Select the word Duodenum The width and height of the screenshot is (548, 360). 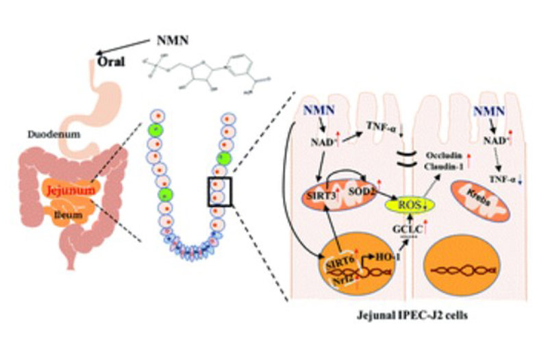click(49, 135)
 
